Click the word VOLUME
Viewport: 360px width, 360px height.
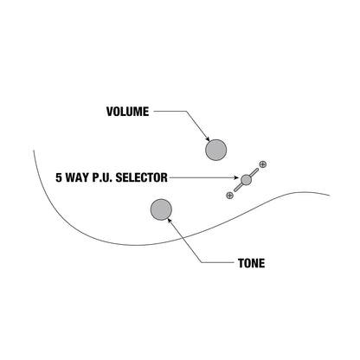[x=127, y=112]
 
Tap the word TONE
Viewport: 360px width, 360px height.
[x=251, y=263]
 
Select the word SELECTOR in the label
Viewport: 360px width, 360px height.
[x=141, y=177]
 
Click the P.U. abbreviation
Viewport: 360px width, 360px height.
[x=102, y=177]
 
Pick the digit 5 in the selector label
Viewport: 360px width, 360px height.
[x=59, y=177]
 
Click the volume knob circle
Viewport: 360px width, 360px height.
[x=215, y=150]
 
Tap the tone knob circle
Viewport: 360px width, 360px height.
[x=161, y=209]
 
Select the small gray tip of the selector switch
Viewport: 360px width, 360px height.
[x=246, y=180]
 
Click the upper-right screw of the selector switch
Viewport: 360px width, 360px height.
[x=262, y=164]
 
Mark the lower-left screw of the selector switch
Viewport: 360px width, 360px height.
[x=229, y=196]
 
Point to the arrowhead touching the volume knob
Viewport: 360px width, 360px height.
[x=208, y=138]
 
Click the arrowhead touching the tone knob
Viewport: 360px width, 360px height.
[x=170, y=220]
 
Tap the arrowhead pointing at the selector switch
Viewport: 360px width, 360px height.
[x=237, y=177]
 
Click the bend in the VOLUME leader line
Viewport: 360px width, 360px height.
[x=186, y=112]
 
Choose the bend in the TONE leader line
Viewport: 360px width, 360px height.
[x=201, y=262]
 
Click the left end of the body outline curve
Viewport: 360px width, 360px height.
[x=34, y=151]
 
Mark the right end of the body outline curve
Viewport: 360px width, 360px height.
[x=329, y=196]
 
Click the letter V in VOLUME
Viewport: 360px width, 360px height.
[x=110, y=112]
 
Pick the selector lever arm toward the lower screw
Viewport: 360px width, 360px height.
[x=238, y=188]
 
